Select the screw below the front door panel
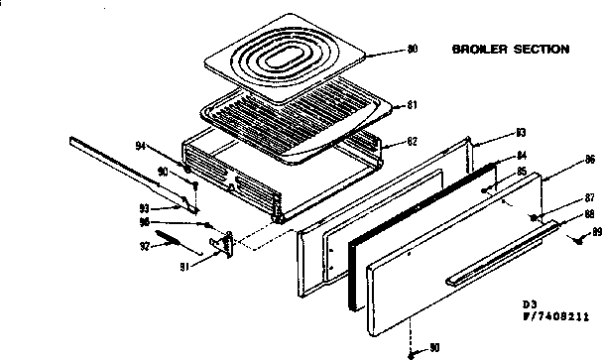pos(410,351)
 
